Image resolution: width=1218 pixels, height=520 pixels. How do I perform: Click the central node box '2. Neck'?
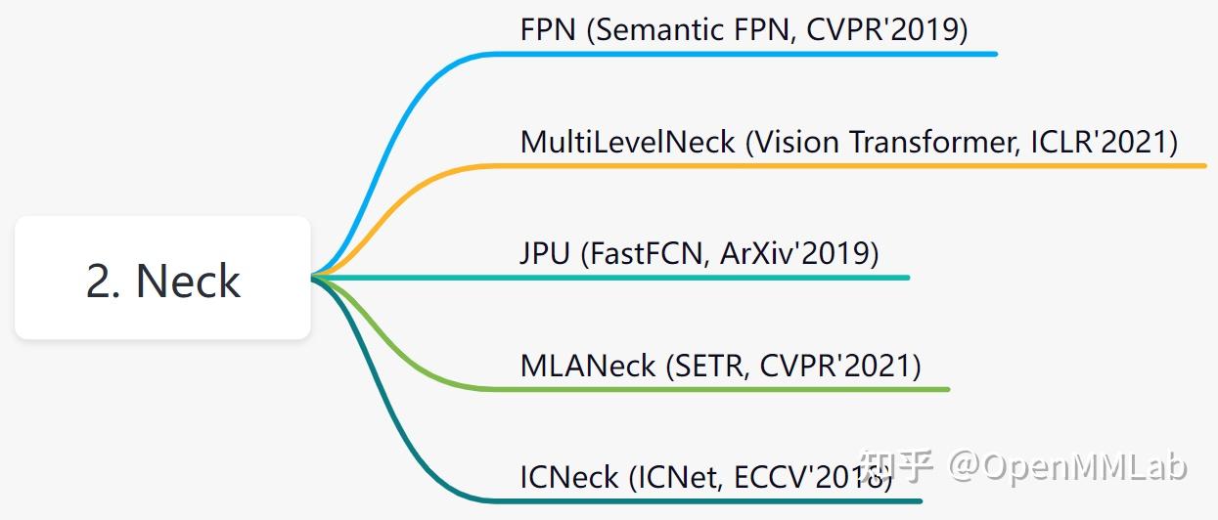[x=162, y=279]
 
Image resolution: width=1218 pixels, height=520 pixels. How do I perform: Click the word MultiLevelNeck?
[x=627, y=143]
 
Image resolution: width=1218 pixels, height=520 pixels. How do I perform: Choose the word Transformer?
[x=934, y=143]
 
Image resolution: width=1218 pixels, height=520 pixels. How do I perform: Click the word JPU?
[x=545, y=254]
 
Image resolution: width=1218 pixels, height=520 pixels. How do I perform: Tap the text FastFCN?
[x=647, y=254]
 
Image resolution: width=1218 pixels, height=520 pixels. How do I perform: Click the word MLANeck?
[x=587, y=367]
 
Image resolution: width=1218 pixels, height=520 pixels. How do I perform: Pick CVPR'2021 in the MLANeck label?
[x=839, y=367]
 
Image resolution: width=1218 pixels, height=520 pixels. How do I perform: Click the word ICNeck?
[x=569, y=478]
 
